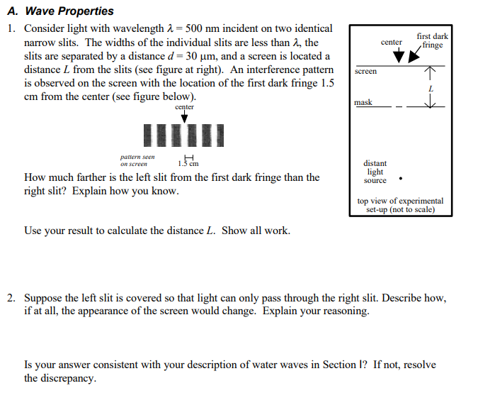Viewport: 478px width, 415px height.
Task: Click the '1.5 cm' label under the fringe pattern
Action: pyautogui.click(x=189, y=164)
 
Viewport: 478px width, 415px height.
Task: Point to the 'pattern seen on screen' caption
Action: pyautogui.click(x=137, y=160)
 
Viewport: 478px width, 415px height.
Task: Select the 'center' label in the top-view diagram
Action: pyautogui.click(x=392, y=43)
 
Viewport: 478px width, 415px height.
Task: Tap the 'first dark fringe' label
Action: pyautogui.click(x=432, y=40)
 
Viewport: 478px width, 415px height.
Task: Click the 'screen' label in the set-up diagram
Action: pyautogui.click(x=365, y=72)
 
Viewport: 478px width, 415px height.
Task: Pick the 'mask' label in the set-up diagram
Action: pyautogui.click(x=363, y=103)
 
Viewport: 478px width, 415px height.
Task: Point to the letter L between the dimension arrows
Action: pyautogui.click(x=430, y=89)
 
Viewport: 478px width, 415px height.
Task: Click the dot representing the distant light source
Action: pyautogui.click(x=402, y=178)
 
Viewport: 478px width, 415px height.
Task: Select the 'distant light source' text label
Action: pyautogui.click(x=375, y=172)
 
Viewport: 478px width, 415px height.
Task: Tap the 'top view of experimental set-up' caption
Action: pyautogui.click(x=400, y=205)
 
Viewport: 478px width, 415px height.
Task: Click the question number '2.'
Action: pyautogui.click(x=12, y=299)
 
